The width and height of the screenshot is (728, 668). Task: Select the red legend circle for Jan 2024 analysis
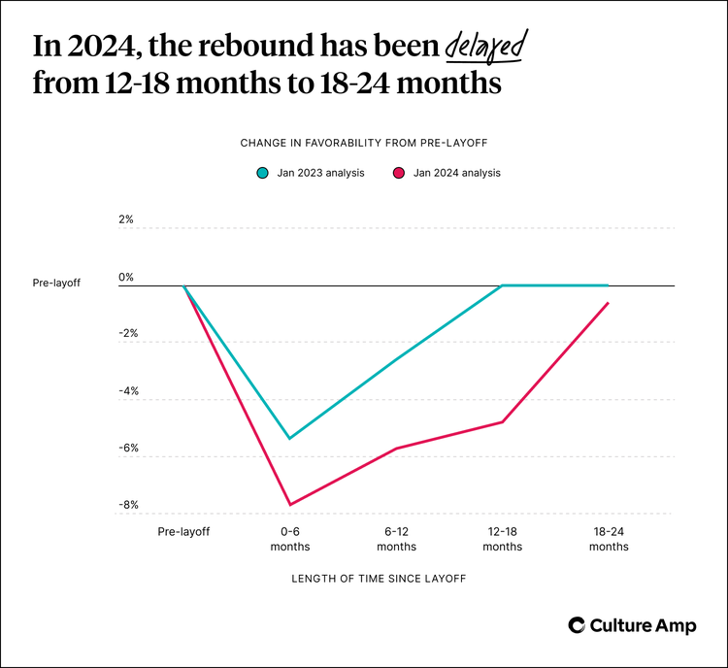pos(398,173)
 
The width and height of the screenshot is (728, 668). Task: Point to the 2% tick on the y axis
pos(126,219)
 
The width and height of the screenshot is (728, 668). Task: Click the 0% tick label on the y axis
pos(126,277)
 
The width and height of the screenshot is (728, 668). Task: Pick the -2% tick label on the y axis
pos(126,333)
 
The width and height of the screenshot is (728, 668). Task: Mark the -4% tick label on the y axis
pos(126,391)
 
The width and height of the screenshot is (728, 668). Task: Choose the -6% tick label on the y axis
pos(126,449)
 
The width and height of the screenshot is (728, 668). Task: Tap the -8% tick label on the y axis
pos(126,505)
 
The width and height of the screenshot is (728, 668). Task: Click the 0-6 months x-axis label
pos(290,539)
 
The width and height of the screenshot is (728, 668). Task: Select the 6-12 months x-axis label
pos(396,539)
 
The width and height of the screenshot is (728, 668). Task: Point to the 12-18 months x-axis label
pos(502,539)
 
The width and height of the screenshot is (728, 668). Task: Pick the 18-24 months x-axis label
pos(609,539)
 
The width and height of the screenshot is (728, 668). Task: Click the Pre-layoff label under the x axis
pos(184,532)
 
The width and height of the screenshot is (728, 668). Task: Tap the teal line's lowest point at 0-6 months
pos(290,439)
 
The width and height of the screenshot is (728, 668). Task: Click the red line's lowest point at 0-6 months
pos(290,505)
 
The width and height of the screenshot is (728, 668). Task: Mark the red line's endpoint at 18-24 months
pos(609,303)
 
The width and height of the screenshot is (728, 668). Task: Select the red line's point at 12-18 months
pos(502,422)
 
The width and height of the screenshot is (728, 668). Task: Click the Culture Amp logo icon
pos(577,625)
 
